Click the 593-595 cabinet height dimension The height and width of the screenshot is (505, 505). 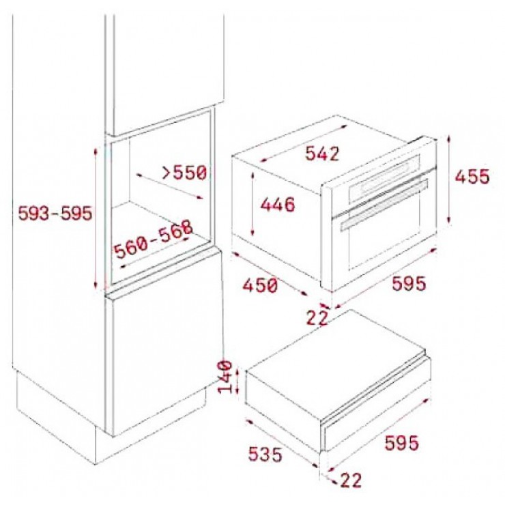(55, 213)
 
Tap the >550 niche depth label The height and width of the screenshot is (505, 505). (184, 173)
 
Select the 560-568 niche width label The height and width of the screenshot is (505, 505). (154, 240)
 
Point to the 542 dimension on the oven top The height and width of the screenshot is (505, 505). (322, 154)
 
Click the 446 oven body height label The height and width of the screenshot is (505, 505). (278, 205)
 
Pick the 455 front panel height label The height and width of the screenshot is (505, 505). (472, 177)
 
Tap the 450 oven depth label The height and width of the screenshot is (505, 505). (260, 285)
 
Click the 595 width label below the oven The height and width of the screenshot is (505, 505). (409, 283)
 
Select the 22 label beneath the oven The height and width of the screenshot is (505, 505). (317, 318)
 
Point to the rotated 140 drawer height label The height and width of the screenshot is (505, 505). (225, 377)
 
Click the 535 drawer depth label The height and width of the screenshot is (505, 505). (265, 454)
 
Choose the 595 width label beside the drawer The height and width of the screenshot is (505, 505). (402, 442)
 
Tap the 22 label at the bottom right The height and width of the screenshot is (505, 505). (351, 480)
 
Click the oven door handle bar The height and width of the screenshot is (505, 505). (384, 205)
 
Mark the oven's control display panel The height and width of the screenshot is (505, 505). (384, 178)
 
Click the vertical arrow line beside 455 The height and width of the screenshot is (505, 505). (449, 179)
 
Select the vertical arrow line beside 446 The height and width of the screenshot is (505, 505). (253, 203)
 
